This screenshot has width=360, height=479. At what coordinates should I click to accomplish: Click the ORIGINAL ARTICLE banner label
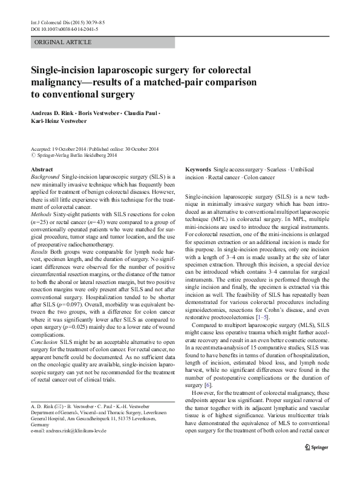click(x=64, y=42)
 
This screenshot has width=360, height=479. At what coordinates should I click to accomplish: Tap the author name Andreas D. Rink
click(x=55, y=114)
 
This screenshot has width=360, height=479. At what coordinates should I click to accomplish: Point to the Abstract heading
click(x=42, y=169)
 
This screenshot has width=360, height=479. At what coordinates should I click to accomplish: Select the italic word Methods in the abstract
click(x=42, y=214)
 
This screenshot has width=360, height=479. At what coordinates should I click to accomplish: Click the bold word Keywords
click(x=198, y=169)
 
